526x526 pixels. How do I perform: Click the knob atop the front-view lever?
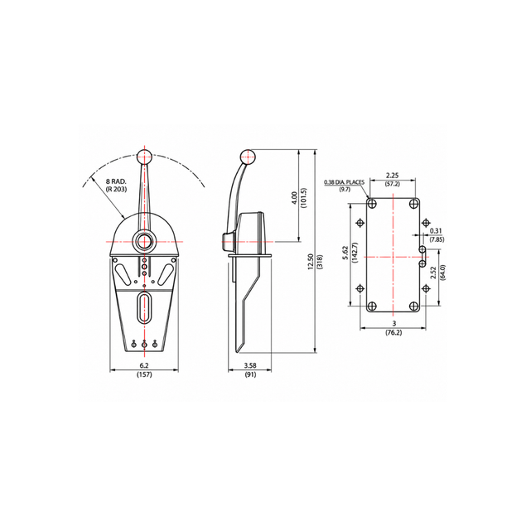tap(145, 157)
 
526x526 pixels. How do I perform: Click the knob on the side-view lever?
tap(248, 157)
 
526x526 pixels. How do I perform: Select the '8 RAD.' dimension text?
tap(117, 181)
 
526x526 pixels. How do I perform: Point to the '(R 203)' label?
tap(117, 189)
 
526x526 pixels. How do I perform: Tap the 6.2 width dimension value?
tap(144, 365)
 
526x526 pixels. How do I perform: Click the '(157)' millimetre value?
tap(144, 374)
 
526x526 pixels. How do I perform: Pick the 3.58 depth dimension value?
tap(250, 365)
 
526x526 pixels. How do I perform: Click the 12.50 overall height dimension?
tap(311, 262)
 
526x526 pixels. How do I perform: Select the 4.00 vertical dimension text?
tap(295, 198)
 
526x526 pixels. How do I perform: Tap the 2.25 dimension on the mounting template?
tap(392, 175)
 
